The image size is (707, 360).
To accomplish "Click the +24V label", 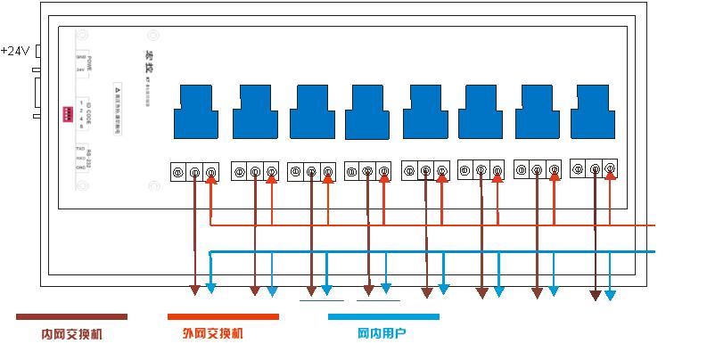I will (15, 51).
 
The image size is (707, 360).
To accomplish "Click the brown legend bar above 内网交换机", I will (71, 316).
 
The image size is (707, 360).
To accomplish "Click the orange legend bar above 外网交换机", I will (223, 316).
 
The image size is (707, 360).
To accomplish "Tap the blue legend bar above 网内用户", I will (383, 316).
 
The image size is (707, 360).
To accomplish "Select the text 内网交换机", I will (71, 334).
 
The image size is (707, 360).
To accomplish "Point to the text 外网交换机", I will (212, 334).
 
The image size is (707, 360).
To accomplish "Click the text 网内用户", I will (382, 334).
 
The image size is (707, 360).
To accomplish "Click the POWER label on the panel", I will (89, 63).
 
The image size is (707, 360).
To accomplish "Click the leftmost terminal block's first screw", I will (178, 171).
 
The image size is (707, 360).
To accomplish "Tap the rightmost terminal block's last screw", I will (610, 168).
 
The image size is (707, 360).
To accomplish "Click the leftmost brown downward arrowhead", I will (195, 291).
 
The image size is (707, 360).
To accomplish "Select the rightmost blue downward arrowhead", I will (611, 294).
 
